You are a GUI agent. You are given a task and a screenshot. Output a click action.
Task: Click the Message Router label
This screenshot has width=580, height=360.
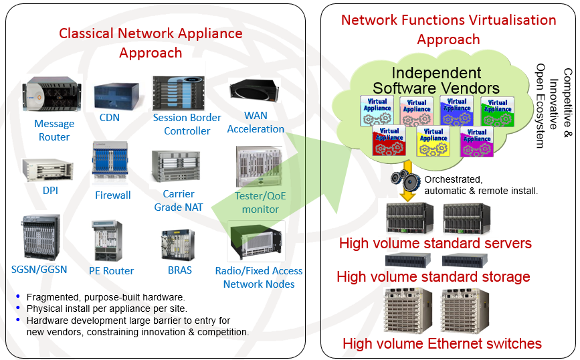(x=54, y=130)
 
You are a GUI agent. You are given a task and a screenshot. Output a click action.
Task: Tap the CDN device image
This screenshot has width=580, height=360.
(x=116, y=97)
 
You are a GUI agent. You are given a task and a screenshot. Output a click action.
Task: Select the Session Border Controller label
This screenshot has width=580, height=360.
(x=187, y=124)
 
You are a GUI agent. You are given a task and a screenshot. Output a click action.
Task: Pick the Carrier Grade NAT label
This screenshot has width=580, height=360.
(x=178, y=200)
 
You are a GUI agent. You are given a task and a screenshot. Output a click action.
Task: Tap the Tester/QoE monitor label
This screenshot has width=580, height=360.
(x=260, y=202)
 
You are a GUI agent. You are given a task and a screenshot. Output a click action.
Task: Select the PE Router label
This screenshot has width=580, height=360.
(x=111, y=270)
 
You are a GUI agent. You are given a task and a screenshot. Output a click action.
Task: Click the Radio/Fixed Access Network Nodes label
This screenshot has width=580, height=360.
(x=258, y=277)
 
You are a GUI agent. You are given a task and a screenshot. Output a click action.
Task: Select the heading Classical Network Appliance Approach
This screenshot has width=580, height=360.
(x=151, y=42)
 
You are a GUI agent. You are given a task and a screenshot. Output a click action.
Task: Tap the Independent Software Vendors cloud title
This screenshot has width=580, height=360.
(x=436, y=80)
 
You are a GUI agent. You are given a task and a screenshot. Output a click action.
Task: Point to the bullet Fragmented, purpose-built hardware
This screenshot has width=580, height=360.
(x=105, y=297)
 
